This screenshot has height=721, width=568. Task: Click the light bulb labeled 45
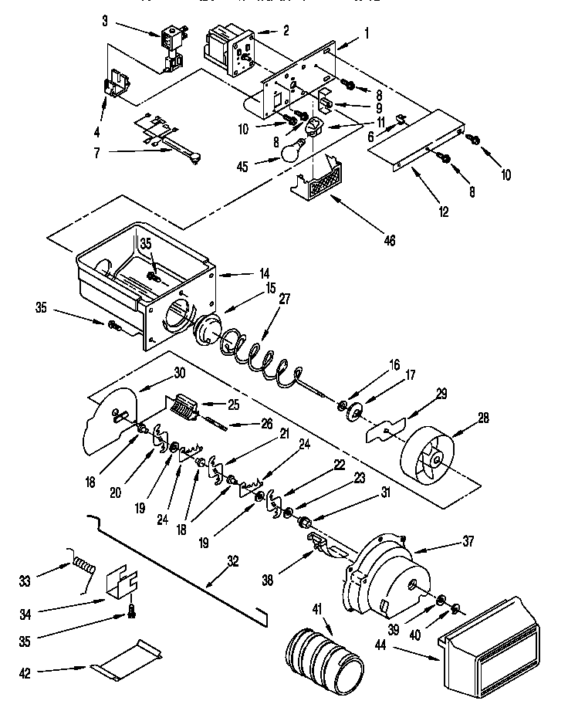tap(289, 150)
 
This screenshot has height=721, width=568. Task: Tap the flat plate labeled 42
tap(127, 661)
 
